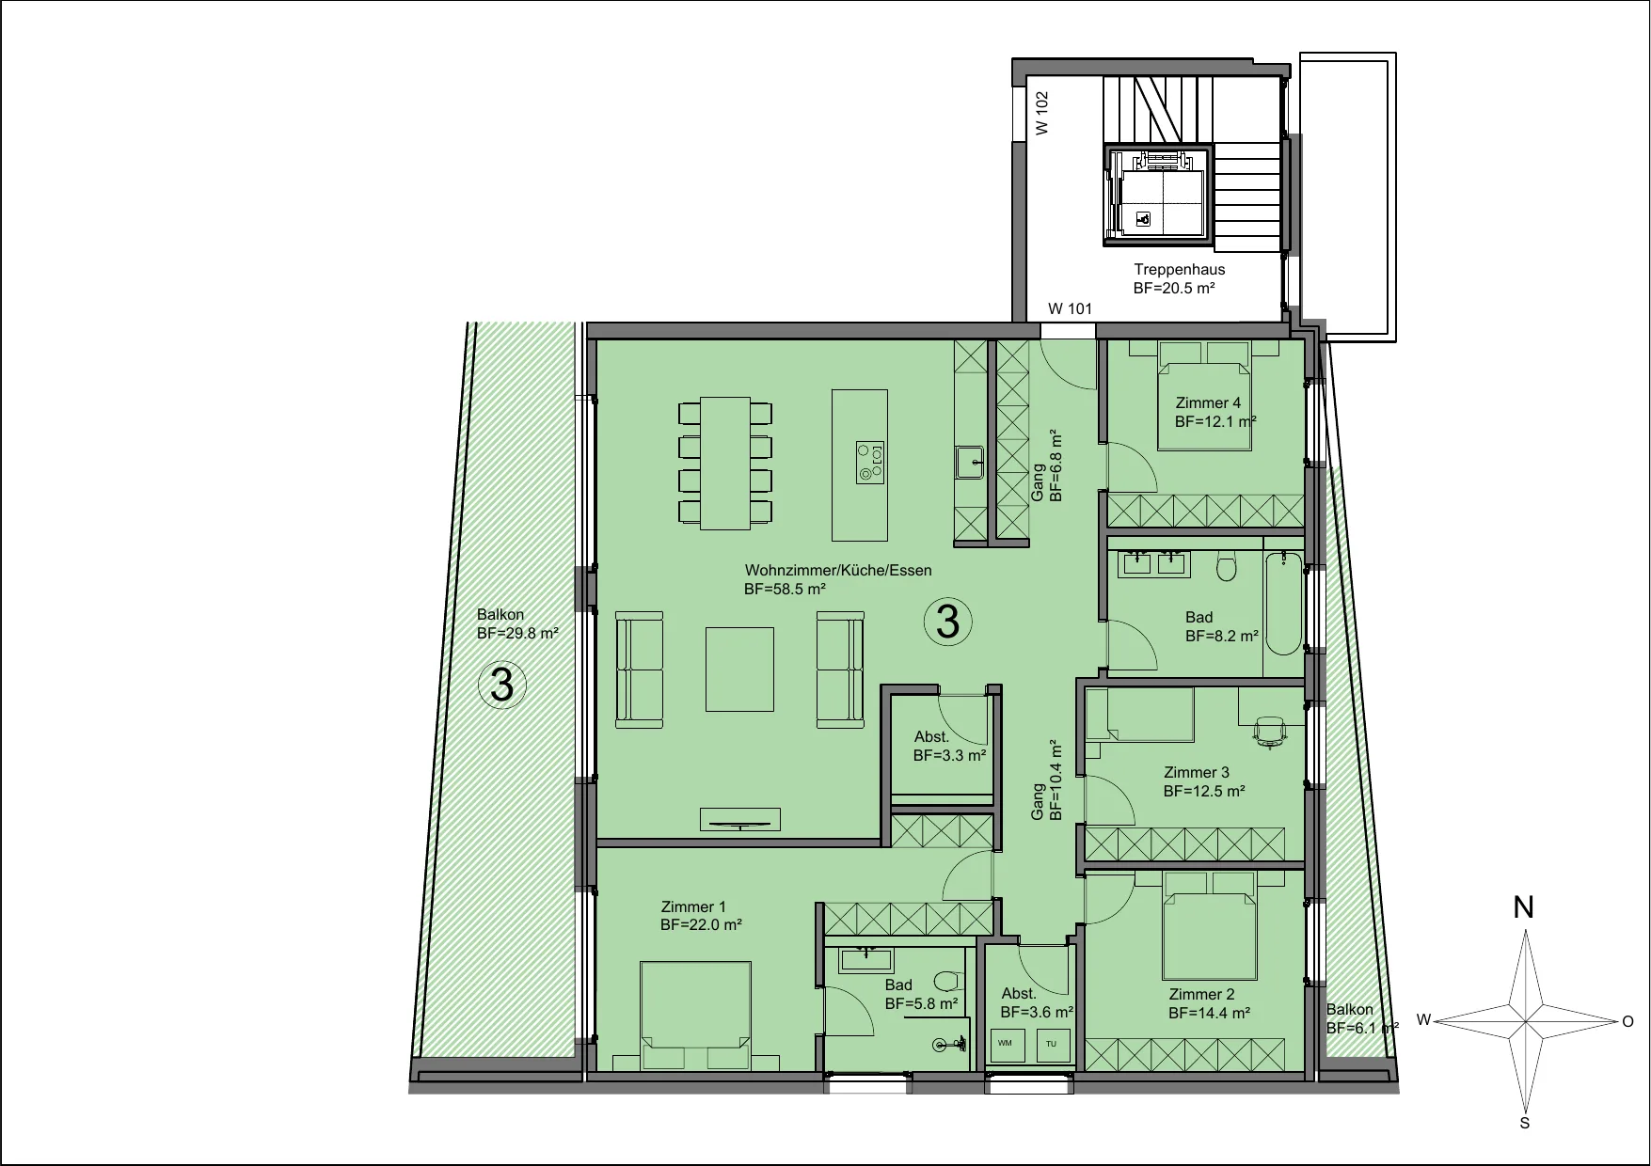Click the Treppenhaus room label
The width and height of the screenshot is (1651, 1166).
[x=1179, y=270]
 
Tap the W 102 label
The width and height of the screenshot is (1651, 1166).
[x=1041, y=113]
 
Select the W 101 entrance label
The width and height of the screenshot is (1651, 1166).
[x=1071, y=308]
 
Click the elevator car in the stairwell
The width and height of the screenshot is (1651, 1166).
[x=1157, y=197]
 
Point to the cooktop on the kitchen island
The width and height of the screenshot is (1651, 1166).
[x=870, y=463]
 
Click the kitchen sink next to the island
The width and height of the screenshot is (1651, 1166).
[x=970, y=462]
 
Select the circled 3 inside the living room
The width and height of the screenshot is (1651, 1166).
[x=947, y=622]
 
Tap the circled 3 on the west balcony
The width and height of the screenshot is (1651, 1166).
[x=502, y=685]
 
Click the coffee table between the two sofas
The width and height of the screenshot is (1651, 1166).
[x=740, y=670]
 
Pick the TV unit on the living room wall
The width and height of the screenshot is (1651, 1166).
[x=740, y=820]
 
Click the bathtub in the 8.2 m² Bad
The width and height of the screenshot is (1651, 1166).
[x=1283, y=605]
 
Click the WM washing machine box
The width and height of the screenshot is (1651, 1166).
[x=1006, y=1044]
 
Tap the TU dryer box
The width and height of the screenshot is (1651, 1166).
[x=1052, y=1044]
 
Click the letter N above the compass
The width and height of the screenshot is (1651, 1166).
[x=1524, y=907]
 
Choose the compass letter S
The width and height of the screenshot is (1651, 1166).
[x=1525, y=1123]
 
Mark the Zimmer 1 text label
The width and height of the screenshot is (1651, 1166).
[x=693, y=907]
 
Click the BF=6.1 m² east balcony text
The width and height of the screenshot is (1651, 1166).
[x=1362, y=1028]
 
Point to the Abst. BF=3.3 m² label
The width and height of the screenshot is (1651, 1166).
[x=949, y=746]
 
